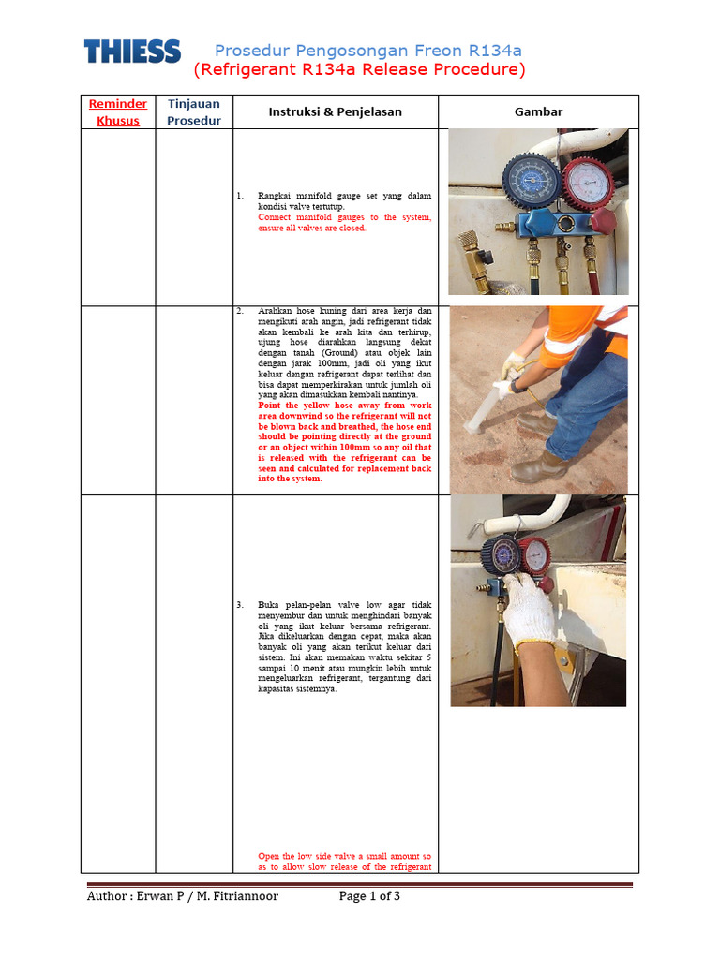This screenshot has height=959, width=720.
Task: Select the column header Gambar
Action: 538,111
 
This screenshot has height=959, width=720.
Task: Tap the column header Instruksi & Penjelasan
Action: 335,111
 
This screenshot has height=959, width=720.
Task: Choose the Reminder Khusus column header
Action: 118,112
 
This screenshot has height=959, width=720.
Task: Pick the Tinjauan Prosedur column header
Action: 193,111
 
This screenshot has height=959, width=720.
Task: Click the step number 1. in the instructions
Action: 240,196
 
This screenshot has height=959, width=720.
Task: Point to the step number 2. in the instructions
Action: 240,310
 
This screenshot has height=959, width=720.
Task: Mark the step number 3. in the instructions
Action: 240,604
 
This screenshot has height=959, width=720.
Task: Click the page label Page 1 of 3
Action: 369,896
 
